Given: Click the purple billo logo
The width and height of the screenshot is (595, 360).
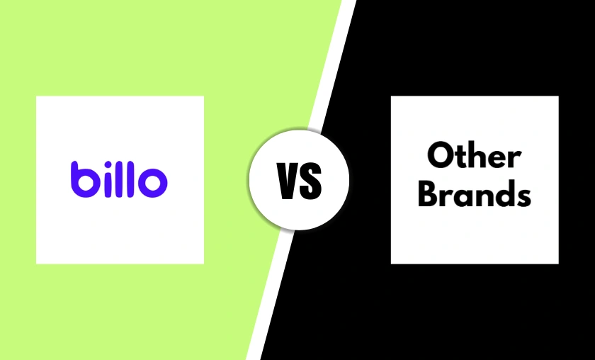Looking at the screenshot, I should [119, 179].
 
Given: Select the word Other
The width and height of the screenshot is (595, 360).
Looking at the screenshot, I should [474, 156].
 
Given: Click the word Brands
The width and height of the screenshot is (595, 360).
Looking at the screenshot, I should [474, 193].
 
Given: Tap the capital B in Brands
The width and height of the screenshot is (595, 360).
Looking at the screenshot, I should [429, 193].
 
